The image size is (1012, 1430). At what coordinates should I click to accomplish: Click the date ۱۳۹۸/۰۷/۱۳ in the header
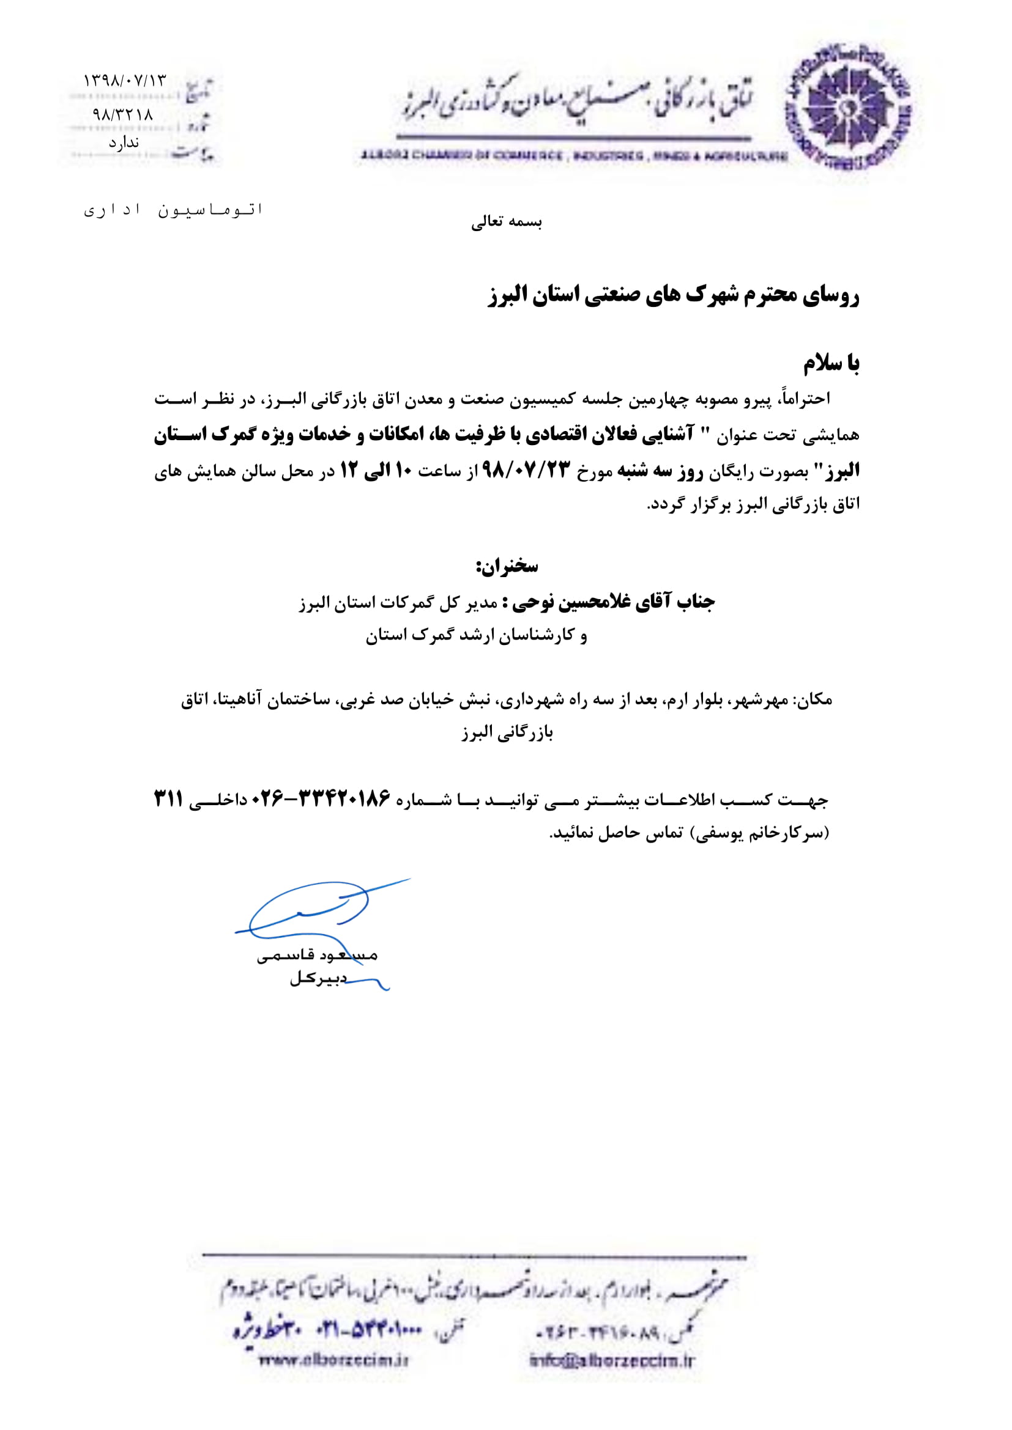[125, 80]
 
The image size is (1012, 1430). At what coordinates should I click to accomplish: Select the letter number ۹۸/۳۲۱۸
[123, 114]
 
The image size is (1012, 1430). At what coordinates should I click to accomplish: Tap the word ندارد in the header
[124, 143]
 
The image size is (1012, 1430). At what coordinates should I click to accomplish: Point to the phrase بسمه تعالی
[506, 223]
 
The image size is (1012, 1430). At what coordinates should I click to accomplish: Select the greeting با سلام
[831, 363]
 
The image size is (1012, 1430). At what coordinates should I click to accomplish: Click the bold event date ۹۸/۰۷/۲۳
[527, 471]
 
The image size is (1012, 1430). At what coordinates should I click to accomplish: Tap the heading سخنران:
[507, 566]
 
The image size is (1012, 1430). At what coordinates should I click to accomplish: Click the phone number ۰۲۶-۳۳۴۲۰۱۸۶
[321, 798]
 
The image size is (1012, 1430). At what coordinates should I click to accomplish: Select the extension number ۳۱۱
[168, 798]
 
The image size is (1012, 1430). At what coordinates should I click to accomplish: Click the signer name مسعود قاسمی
[317, 956]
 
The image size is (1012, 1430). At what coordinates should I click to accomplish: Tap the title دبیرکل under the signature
[317, 978]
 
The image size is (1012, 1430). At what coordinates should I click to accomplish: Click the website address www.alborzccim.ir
[333, 1360]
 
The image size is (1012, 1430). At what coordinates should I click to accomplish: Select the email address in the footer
[611, 1361]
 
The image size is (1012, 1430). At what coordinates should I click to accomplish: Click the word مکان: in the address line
[813, 700]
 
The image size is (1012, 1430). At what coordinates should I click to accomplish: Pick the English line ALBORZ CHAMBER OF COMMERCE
[573, 156]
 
